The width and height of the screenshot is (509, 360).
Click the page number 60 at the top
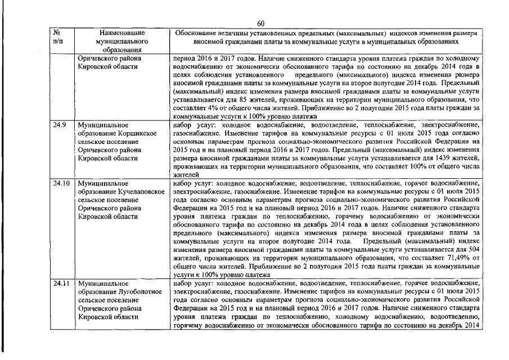click(260, 23)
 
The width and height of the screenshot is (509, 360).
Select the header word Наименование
click(118, 33)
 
